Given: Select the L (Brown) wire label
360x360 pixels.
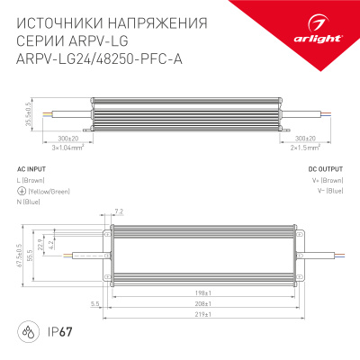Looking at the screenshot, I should [31, 181].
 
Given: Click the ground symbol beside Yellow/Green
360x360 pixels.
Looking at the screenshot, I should [21, 191].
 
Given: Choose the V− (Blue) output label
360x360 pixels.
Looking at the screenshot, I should [327, 191].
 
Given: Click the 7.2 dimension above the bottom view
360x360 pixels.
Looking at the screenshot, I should [119, 211].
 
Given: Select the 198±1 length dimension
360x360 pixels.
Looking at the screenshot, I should [200, 293].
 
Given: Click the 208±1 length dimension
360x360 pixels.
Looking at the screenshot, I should [200, 304].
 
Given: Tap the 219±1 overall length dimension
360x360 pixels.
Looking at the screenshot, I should [200, 315].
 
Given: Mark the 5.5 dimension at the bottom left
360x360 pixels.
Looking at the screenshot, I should [94, 304].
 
